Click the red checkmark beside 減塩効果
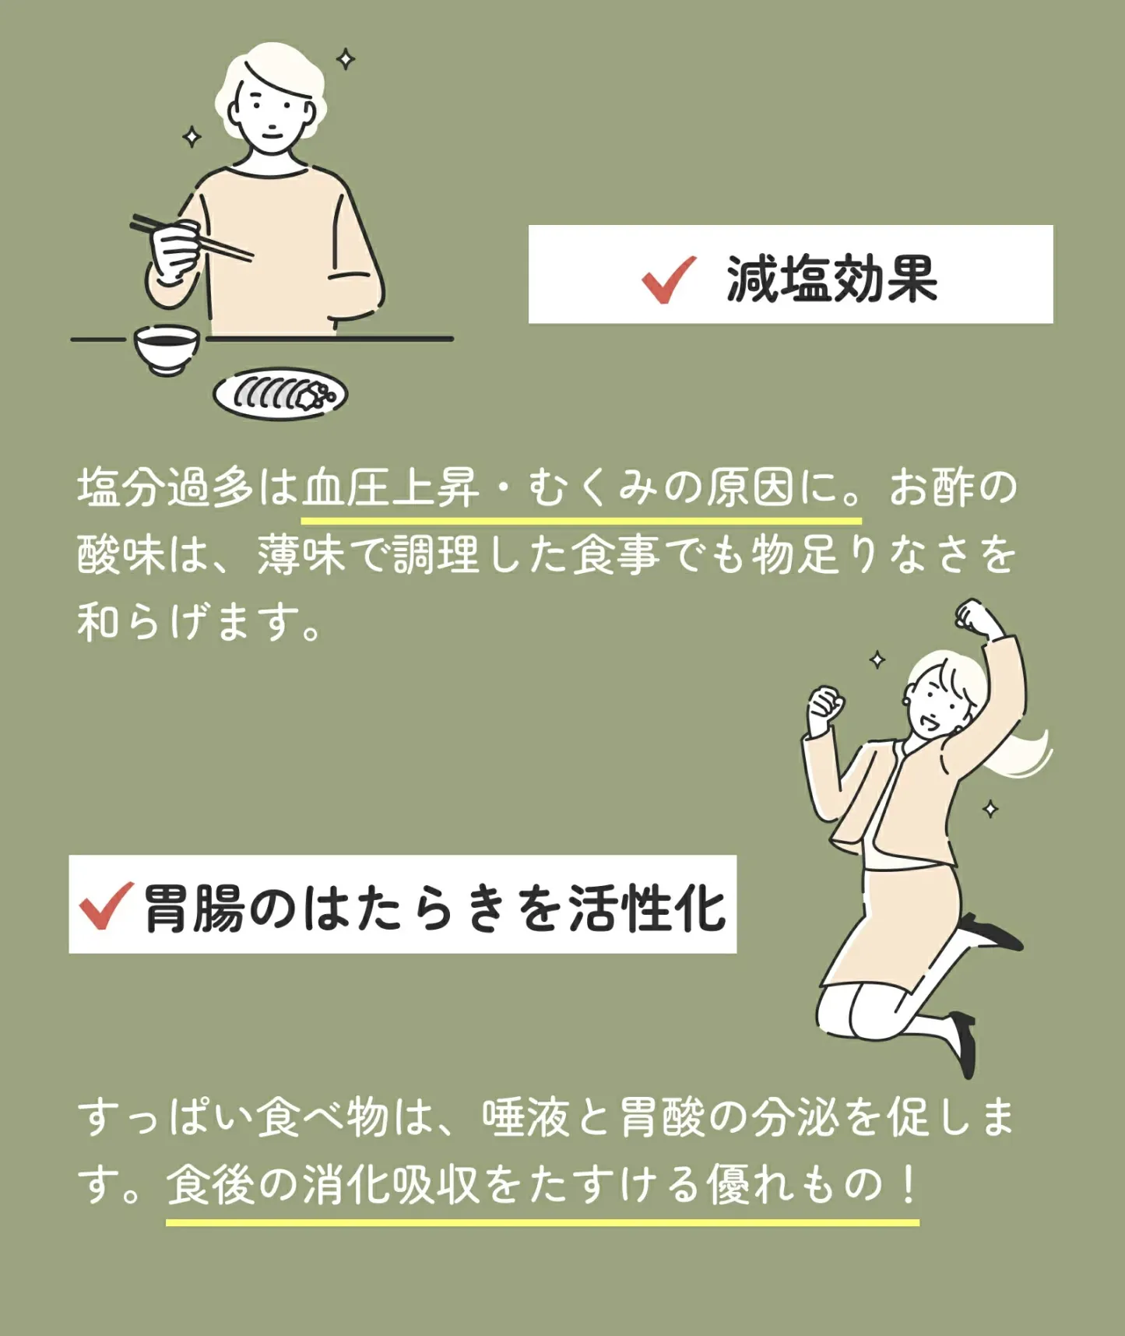(668, 279)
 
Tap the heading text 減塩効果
(831, 279)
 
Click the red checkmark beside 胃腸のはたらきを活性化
(105, 905)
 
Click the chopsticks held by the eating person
(191, 237)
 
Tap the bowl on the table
(166, 349)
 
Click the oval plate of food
(280, 394)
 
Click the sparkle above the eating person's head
(346, 59)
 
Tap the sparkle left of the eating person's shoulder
(192, 137)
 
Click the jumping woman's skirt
(895, 930)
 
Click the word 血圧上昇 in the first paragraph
(391, 488)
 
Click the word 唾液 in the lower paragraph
(527, 1118)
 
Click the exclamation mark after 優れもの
(908, 1185)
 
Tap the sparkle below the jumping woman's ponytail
(990, 809)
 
